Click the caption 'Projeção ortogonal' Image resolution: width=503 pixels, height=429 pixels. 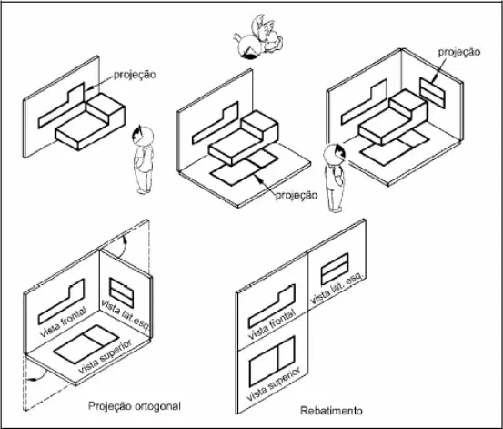[135, 406]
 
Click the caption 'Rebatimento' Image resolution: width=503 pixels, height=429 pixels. [331, 411]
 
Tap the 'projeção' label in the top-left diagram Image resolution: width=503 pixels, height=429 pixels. [135, 75]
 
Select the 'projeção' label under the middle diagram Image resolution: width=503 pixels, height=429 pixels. [297, 196]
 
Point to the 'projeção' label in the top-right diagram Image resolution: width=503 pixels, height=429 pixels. [459, 53]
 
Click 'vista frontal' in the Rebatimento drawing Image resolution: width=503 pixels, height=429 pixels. [272, 324]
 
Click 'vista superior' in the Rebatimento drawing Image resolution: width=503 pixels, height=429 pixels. [274, 384]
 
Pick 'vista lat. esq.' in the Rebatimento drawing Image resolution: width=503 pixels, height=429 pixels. [337, 288]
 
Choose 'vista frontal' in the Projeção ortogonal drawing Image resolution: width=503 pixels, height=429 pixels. [64, 322]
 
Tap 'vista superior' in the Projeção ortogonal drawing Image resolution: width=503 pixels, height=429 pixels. [106, 356]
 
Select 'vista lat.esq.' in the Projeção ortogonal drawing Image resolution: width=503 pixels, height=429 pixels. [126, 315]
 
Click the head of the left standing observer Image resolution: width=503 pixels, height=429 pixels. [143, 136]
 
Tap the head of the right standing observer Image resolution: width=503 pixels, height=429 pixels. [335, 155]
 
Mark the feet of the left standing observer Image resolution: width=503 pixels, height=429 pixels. [144, 191]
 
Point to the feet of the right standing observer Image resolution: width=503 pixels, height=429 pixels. [336, 209]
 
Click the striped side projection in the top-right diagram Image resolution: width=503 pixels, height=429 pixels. [432, 93]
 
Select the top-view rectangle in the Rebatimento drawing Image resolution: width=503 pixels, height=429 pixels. [272, 362]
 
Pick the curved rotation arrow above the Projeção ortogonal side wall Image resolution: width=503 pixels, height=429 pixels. [124, 247]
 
